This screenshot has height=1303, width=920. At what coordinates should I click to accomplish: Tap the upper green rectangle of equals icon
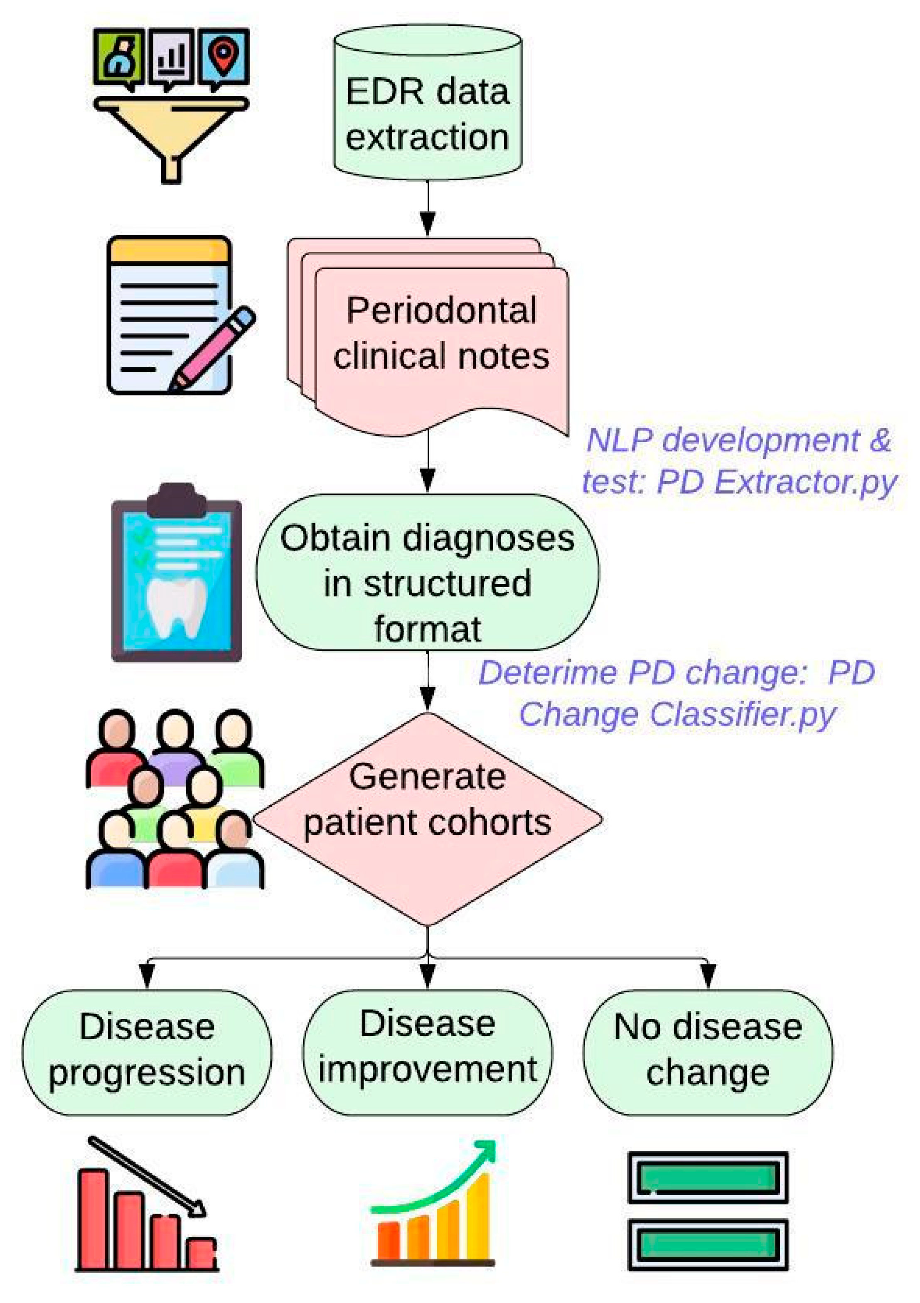[x=707, y=1177]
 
